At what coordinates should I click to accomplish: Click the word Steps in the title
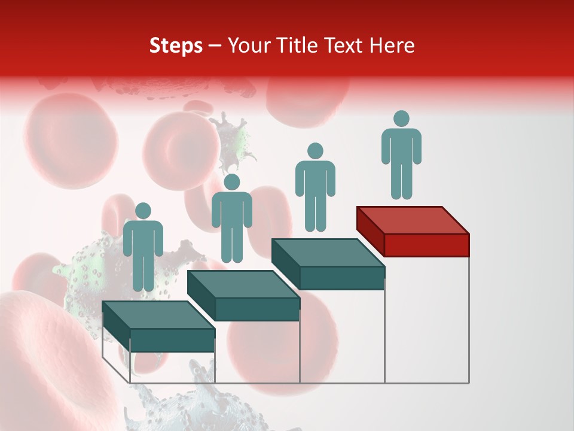[x=176, y=45]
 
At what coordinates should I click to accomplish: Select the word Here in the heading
[x=392, y=45]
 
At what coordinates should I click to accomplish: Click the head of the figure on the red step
[x=401, y=119]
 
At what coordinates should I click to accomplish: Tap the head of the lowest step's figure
[x=143, y=211]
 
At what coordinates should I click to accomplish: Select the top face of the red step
[x=413, y=220]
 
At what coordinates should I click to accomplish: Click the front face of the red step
[x=426, y=245]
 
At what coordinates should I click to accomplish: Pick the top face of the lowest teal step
[x=158, y=315]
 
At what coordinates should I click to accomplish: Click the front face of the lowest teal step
[x=172, y=340]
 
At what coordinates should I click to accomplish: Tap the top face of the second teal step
[x=243, y=284]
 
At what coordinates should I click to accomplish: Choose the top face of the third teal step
[x=328, y=253]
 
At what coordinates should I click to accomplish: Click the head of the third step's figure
[x=315, y=151]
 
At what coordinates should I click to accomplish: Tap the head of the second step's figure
[x=231, y=182]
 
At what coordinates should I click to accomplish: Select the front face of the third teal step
[x=341, y=278]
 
